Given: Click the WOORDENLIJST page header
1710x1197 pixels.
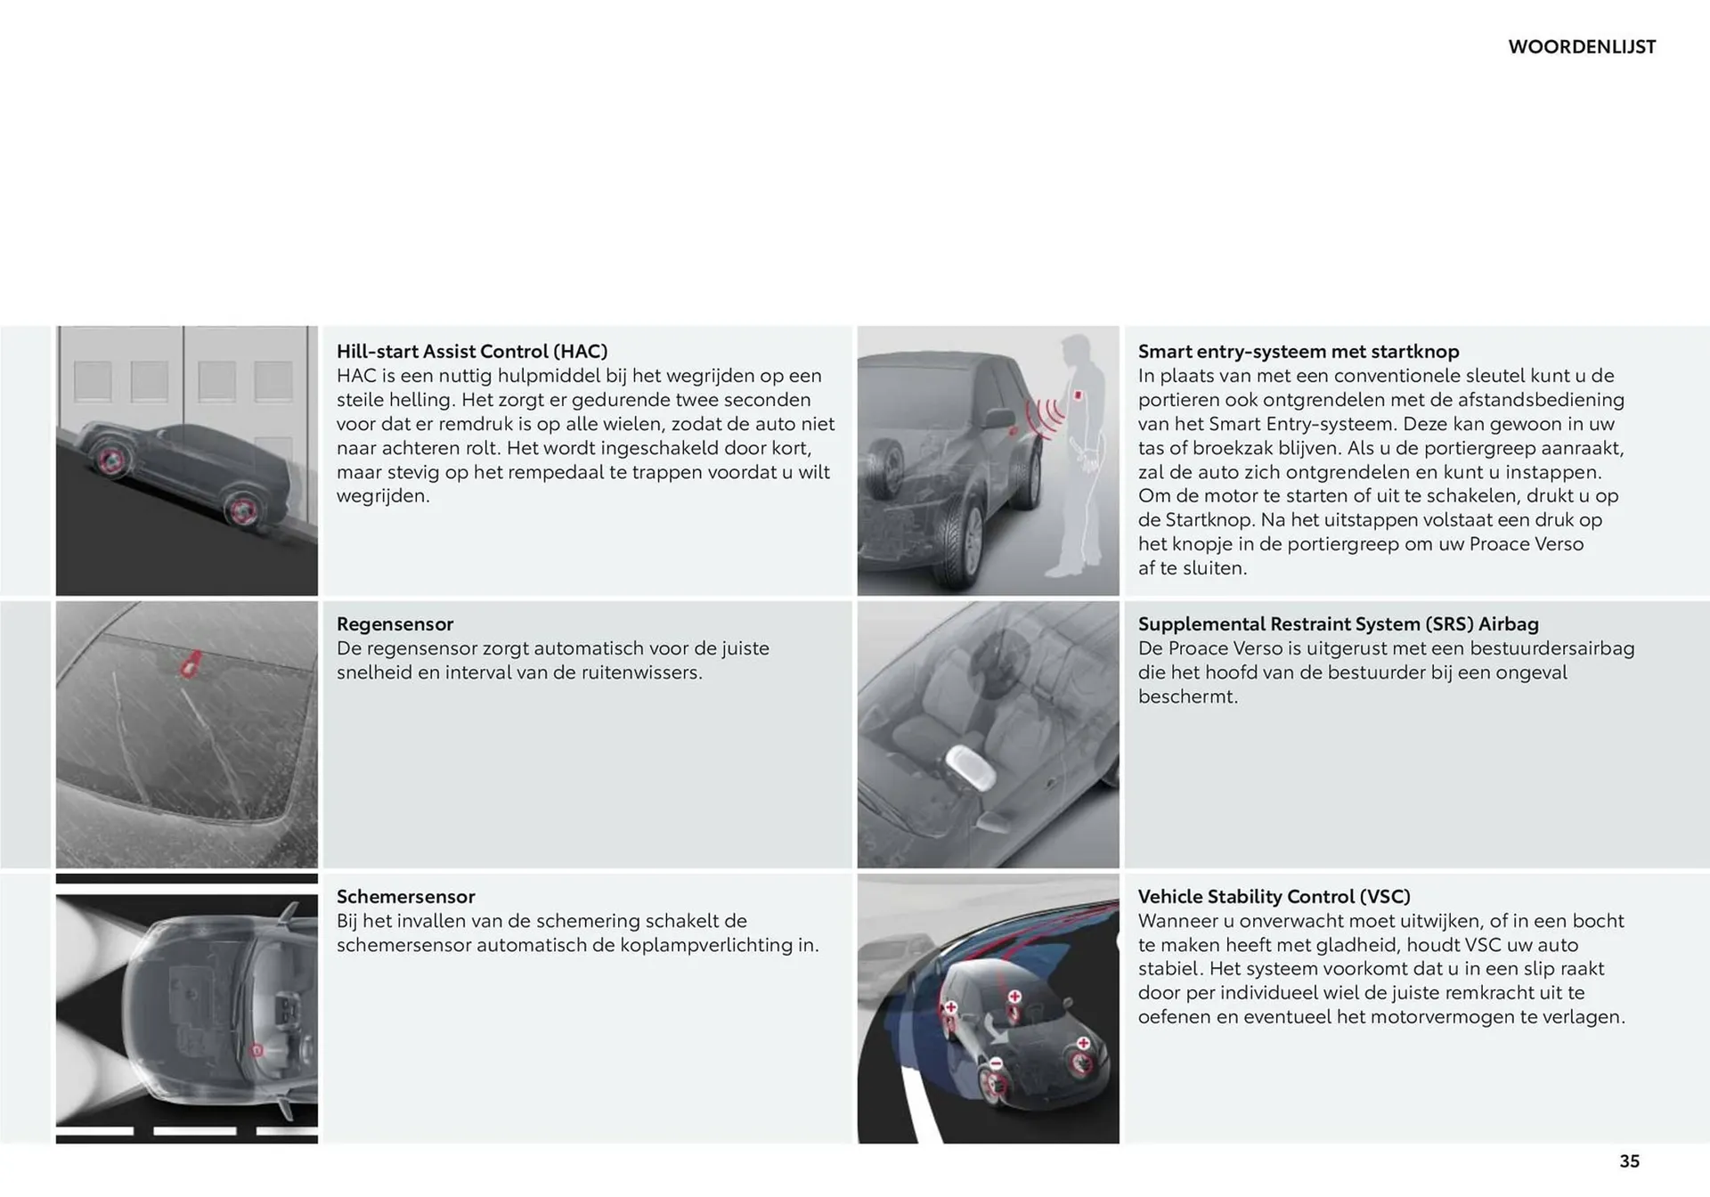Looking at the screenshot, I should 1582,47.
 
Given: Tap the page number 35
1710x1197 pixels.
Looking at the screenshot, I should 1629,1160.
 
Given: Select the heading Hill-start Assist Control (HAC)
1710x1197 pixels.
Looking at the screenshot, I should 472,351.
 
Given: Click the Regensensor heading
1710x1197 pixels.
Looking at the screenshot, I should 395,623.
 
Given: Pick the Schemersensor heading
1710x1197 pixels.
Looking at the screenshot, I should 405,896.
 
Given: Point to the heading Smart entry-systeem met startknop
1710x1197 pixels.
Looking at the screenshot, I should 1298,351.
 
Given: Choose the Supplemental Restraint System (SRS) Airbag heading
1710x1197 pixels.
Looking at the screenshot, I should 1338,623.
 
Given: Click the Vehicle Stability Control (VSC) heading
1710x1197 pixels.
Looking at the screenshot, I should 1274,896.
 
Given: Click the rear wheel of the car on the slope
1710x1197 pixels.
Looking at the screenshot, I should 241,511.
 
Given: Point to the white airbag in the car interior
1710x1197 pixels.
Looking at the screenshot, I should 970,767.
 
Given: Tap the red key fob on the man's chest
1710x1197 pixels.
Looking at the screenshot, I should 1078,395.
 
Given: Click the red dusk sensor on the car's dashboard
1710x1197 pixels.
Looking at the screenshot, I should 256,1050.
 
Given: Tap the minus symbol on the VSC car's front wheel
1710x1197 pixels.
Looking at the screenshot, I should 996,1063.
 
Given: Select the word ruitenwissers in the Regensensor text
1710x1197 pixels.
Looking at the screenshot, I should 640,672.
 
